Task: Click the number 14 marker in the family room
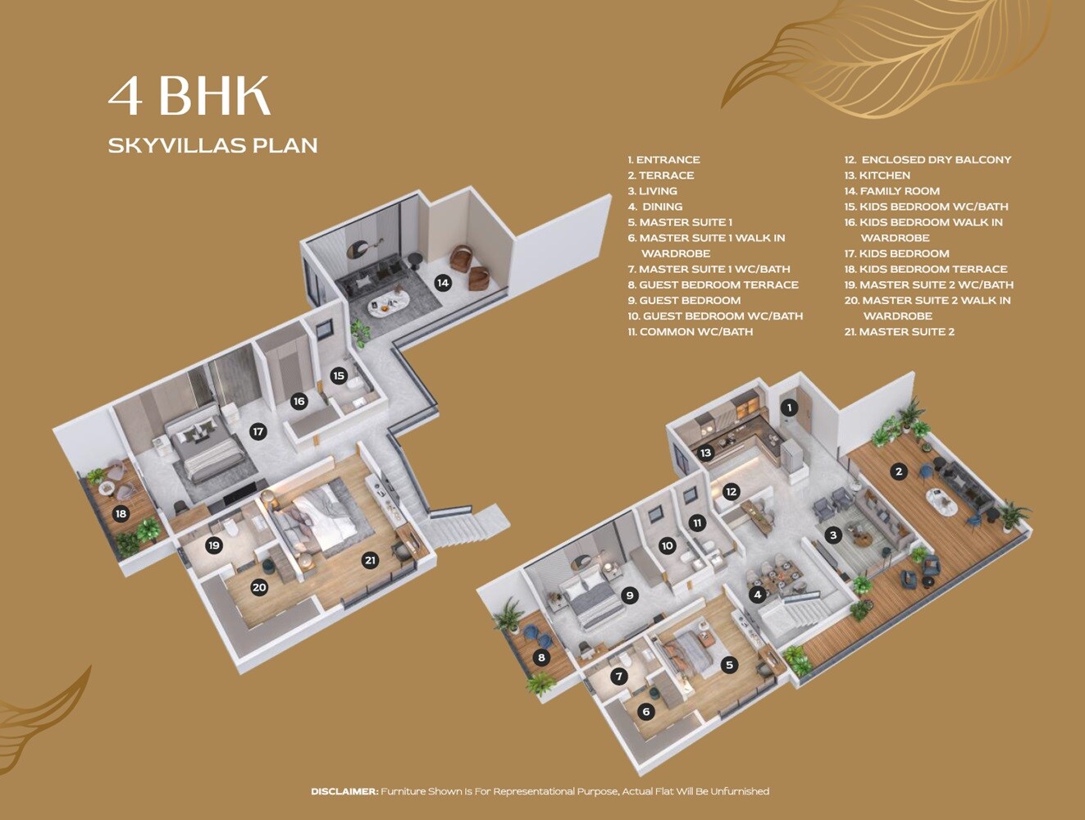click(x=443, y=283)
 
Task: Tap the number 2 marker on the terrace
click(x=899, y=471)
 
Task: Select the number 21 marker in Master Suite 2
click(x=370, y=560)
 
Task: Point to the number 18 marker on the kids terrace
click(x=121, y=514)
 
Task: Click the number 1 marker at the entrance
click(x=789, y=408)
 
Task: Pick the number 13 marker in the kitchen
click(x=705, y=453)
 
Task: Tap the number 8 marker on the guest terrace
click(x=540, y=658)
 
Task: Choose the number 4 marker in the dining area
click(x=757, y=594)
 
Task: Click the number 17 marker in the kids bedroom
click(x=258, y=431)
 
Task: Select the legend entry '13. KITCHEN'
click(x=878, y=175)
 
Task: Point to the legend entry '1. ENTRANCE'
click(x=664, y=160)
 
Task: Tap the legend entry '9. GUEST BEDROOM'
click(x=684, y=300)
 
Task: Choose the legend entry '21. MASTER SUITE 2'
click(x=900, y=332)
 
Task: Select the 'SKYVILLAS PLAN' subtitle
click(x=212, y=145)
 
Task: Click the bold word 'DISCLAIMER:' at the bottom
click(x=344, y=791)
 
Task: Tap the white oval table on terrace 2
click(x=941, y=502)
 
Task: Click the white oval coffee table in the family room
click(x=388, y=303)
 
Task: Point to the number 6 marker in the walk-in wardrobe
click(x=646, y=712)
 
